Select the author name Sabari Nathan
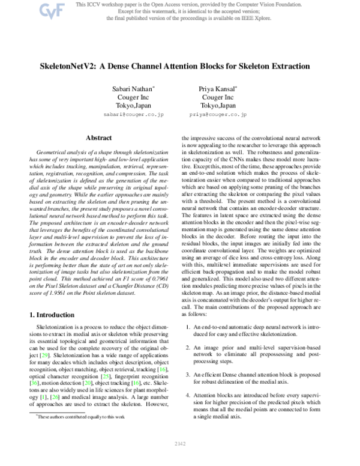click(x=133, y=89)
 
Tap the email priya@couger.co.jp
click(x=218, y=113)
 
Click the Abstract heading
click(x=99, y=138)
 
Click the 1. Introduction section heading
click(x=55, y=315)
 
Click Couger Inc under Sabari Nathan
click(x=133, y=97)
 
